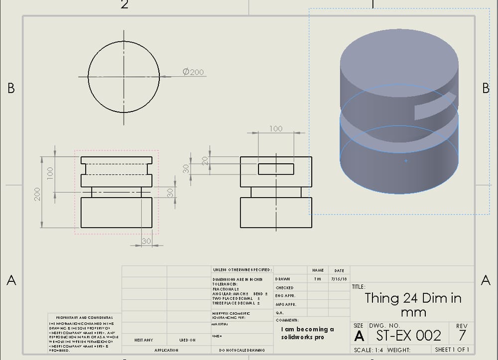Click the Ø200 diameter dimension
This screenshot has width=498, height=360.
pyautogui.click(x=193, y=72)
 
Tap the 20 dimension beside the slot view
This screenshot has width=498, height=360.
pyautogui.click(x=204, y=160)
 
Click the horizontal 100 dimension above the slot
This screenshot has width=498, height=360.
pyautogui.click(x=275, y=128)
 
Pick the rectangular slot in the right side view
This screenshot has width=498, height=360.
pyautogui.click(x=276, y=168)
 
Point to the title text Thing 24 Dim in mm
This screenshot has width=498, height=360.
pyautogui.click(x=413, y=305)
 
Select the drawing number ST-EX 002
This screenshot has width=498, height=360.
pyautogui.click(x=408, y=335)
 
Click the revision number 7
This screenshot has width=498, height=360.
pyautogui.click(x=462, y=335)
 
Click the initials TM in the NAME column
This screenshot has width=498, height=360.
pyautogui.click(x=317, y=279)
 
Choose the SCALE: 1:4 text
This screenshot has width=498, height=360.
pyautogui.click(x=368, y=350)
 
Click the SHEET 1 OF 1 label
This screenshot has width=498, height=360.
pyautogui.click(x=452, y=350)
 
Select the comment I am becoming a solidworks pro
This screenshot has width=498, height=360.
pyautogui.click(x=307, y=333)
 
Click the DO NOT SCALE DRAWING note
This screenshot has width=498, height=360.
pyautogui.click(x=242, y=350)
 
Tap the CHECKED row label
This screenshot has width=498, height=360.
pyautogui.click(x=284, y=288)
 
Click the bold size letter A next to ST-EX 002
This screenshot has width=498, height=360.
pyautogui.click(x=359, y=336)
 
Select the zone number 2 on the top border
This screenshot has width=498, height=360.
pyautogui.click(x=124, y=4)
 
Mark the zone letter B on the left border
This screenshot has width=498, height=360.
pyautogui.click(x=11, y=88)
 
